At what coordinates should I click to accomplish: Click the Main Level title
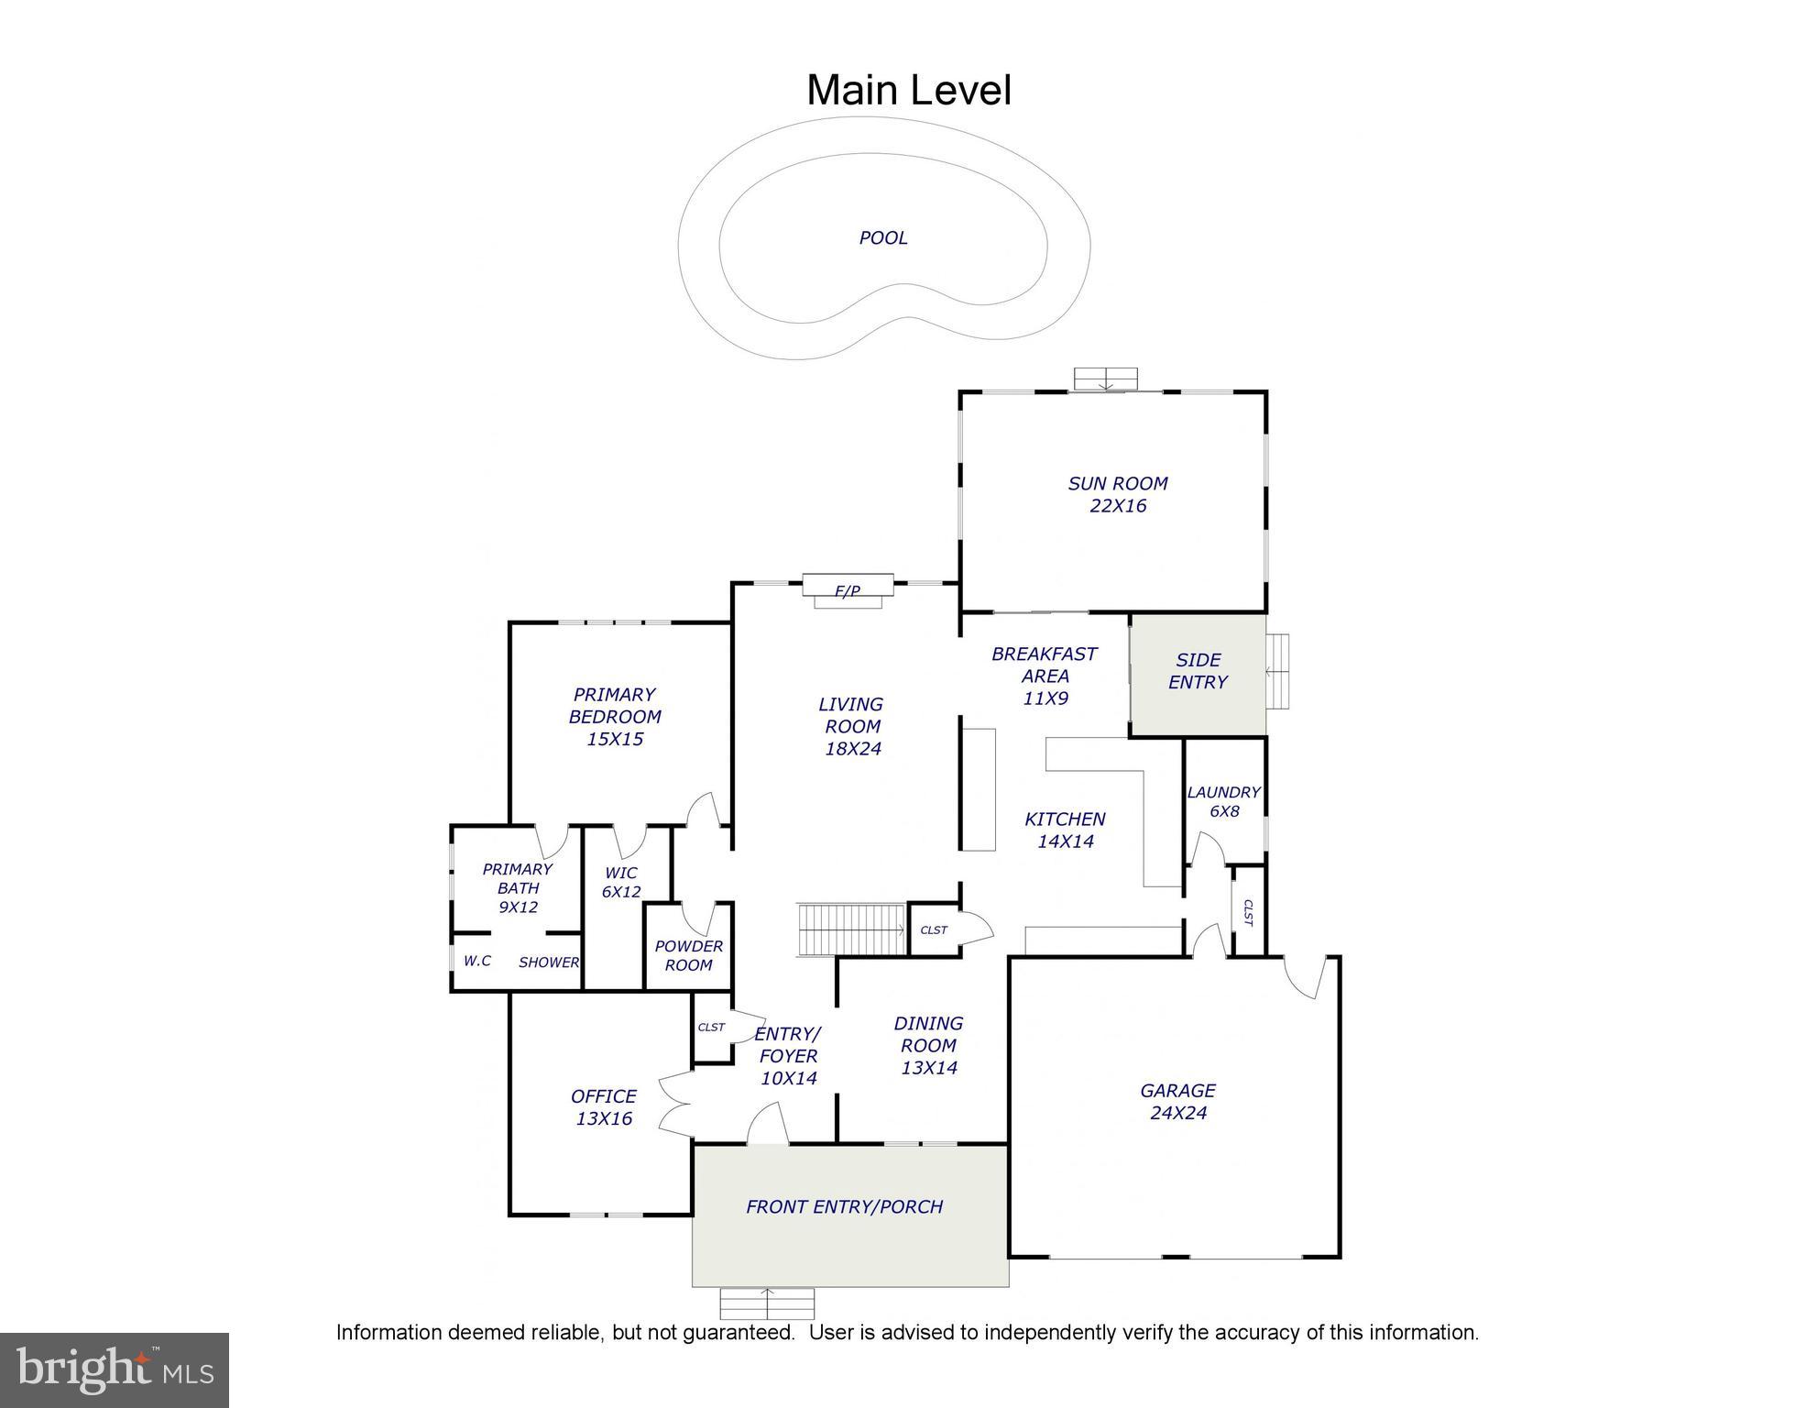pyautogui.click(x=908, y=91)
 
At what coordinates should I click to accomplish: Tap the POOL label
pyautogui.click(x=883, y=238)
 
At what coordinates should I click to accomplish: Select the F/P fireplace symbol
pyautogui.click(x=848, y=590)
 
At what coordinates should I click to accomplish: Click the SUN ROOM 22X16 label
pyautogui.click(x=1117, y=495)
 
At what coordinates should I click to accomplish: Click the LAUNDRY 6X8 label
pyautogui.click(x=1223, y=802)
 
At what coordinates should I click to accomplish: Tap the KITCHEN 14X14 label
pyautogui.click(x=1065, y=830)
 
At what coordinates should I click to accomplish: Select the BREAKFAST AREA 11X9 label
pyautogui.click(x=1044, y=676)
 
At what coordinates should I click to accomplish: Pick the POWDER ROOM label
pyautogui.click(x=688, y=955)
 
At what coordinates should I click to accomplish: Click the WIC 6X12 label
pyautogui.click(x=620, y=882)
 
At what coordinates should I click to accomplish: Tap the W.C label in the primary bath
pyautogui.click(x=476, y=961)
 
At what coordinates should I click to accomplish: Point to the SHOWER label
pyautogui.click(x=548, y=962)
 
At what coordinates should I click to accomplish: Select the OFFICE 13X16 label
pyautogui.click(x=603, y=1107)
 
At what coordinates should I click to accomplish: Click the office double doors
pyautogui.click(x=676, y=1105)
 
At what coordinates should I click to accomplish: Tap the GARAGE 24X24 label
pyautogui.click(x=1177, y=1102)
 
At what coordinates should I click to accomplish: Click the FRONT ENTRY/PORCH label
pyautogui.click(x=844, y=1207)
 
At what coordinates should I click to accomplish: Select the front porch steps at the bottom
pyautogui.click(x=767, y=1303)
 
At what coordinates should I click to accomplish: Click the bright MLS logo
pyautogui.click(x=114, y=1370)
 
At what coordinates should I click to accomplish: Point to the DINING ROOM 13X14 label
pyautogui.click(x=928, y=1045)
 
